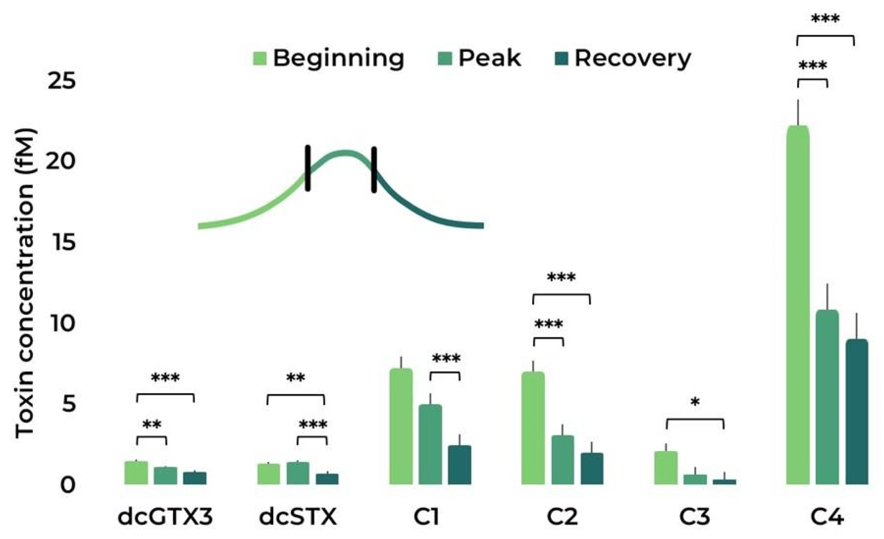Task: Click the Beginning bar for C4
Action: [798, 305]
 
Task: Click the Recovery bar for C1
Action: [459, 465]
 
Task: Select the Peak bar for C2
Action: [563, 460]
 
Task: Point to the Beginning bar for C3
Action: [666, 468]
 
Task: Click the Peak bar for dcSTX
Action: [298, 473]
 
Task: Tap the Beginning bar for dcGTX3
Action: [136, 473]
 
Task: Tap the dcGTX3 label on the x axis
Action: [165, 517]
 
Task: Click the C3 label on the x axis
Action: [694, 517]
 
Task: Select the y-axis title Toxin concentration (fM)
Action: [25, 283]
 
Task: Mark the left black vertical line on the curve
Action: [307, 168]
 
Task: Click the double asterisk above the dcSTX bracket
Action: [295, 378]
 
